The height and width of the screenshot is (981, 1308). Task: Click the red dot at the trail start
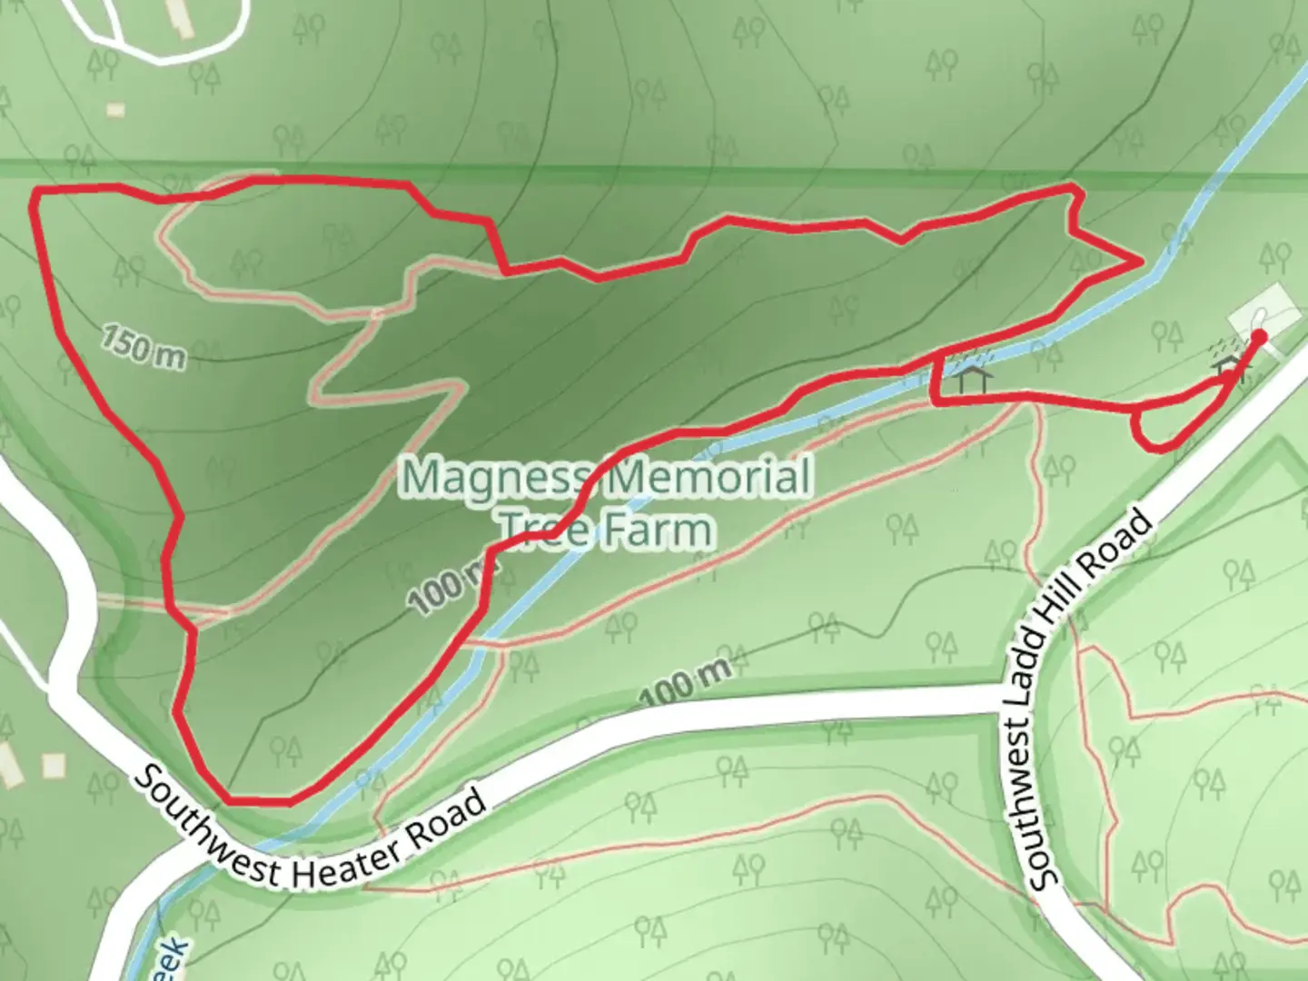point(1259,337)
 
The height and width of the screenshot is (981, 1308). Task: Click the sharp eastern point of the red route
point(1140,262)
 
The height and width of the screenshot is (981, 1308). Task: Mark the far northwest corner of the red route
point(35,193)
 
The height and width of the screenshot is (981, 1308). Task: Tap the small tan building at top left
point(114,109)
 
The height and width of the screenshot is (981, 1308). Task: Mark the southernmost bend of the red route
point(259,802)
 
